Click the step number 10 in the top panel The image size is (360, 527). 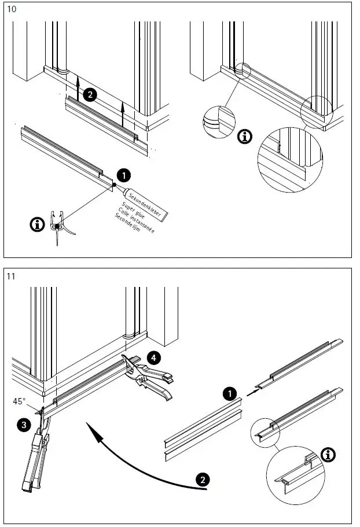point(11,9)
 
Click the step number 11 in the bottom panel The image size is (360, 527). point(11,276)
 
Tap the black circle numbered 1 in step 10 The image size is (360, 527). point(123,175)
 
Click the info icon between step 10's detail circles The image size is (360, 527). point(246,137)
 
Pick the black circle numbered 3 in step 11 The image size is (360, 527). point(24,425)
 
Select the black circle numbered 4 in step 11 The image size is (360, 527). point(153,358)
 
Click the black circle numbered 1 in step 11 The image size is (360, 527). point(230,394)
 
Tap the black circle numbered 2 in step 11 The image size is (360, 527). point(202,480)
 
